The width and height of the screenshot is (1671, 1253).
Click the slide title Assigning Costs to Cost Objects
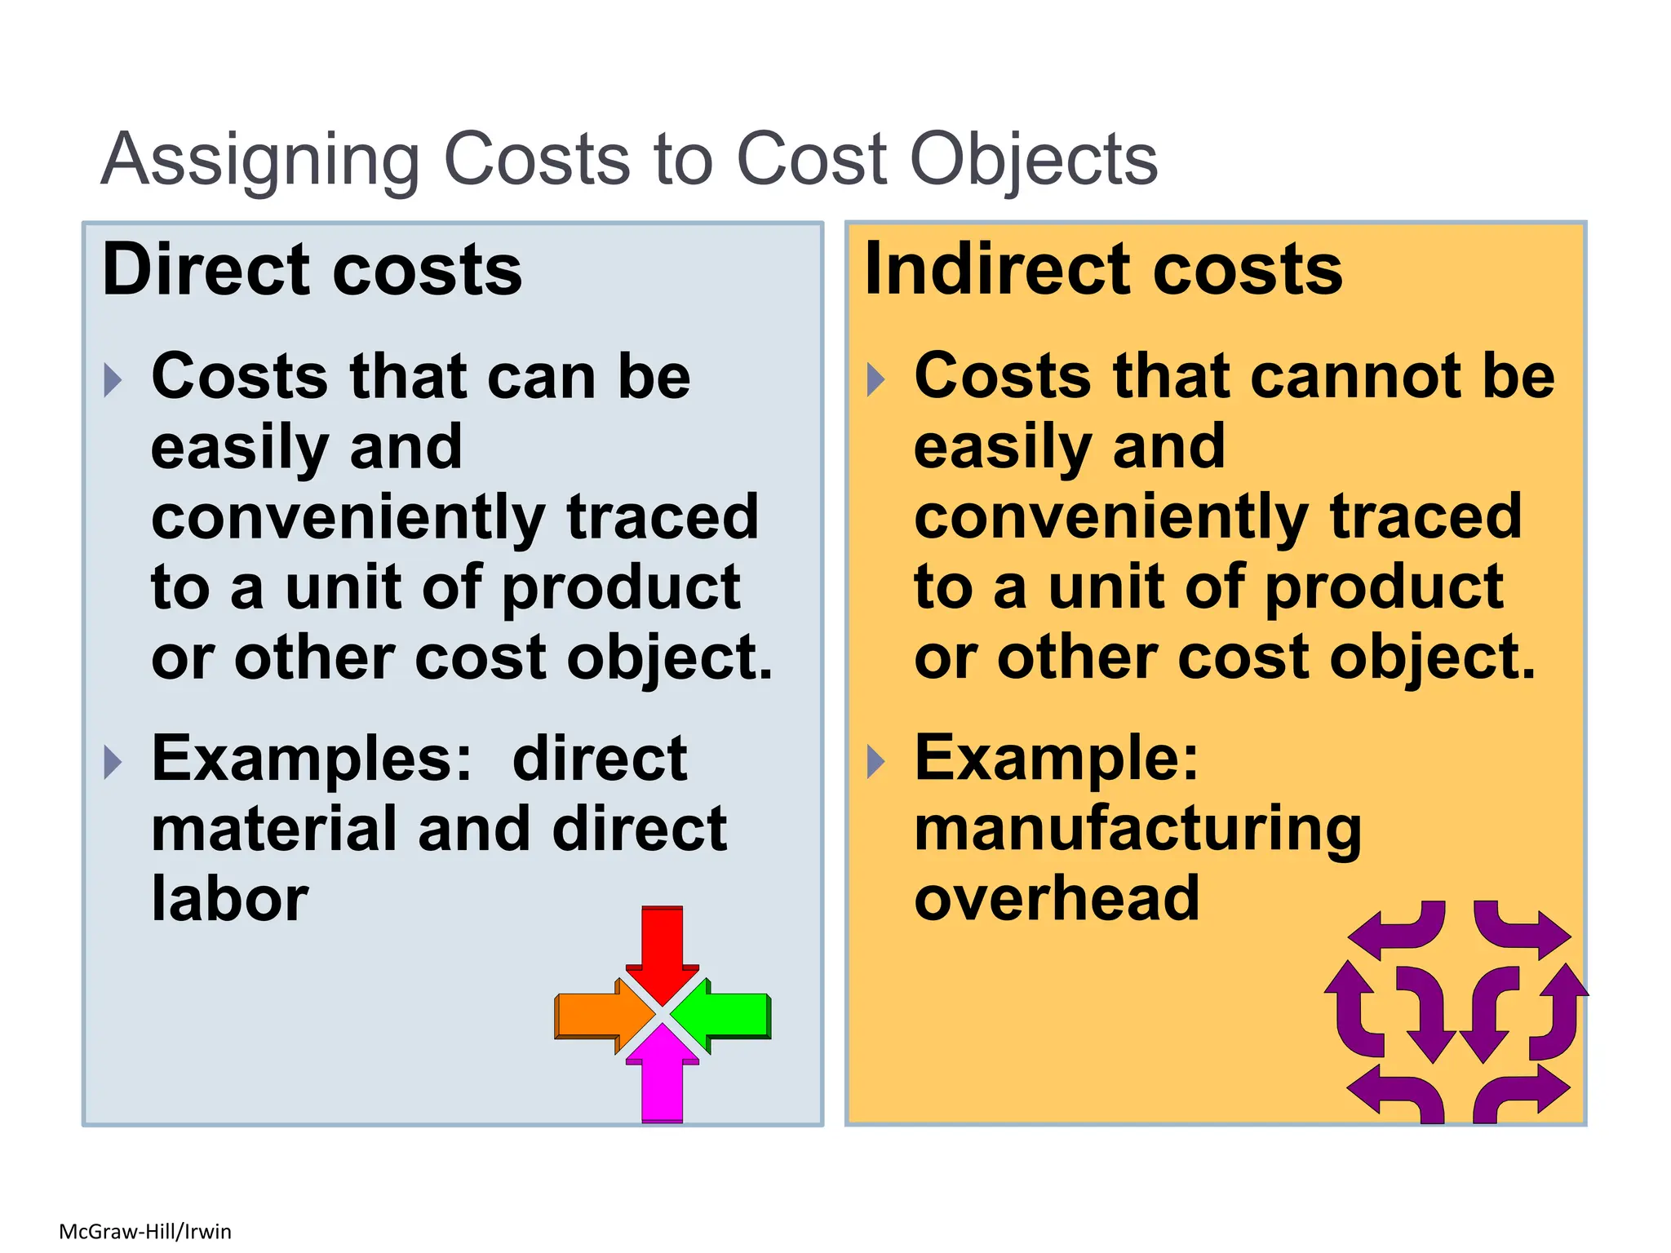click(x=628, y=159)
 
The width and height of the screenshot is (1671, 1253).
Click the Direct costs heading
click(x=312, y=270)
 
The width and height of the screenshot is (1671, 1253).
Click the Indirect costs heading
click(x=1103, y=270)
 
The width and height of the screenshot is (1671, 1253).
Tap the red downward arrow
click(x=662, y=949)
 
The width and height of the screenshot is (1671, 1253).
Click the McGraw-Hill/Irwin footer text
click(x=145, y=1231)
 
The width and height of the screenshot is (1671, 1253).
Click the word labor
click(x=230, y=899)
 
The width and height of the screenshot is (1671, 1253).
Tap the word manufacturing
click(x=1137, y=829)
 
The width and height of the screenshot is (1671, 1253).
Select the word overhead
click(x=1057, y=899)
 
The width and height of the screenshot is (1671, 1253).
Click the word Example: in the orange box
click(x=1057, y=759)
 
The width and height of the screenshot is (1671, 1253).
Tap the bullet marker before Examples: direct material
click(x=113, y=762)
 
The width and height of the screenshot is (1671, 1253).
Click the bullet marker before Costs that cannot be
click(x=875, y=380)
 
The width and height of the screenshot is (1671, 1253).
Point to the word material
click(x=274, y=829)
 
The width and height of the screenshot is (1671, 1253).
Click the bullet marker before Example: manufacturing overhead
click(x=875, y=762)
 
